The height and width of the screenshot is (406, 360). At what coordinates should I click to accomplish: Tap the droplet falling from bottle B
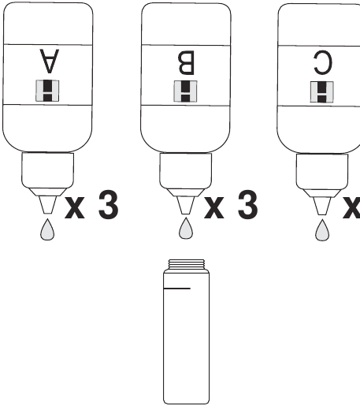pos(186,229)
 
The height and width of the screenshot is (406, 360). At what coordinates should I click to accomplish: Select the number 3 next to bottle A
pos(106,207)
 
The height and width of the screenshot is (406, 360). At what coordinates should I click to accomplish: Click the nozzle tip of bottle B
pos(186,207)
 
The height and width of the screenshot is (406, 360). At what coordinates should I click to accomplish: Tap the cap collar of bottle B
pos(186,169)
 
